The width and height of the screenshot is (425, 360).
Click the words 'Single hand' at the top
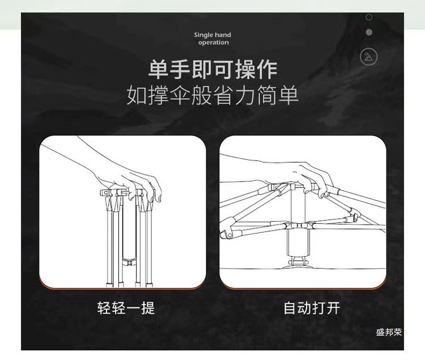(212, 35)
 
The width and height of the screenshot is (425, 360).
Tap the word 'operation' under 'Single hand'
(213, 43)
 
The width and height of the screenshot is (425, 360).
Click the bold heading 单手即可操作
(213, 69)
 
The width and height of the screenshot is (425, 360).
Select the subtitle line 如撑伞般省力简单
(212, 95)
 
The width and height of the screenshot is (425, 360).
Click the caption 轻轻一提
(126, 308)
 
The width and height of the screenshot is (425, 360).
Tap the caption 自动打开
(312, 308)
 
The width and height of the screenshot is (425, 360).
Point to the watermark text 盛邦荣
(389, 332)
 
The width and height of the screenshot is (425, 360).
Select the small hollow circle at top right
(369, 18)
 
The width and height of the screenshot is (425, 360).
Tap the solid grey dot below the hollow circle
(369, 32)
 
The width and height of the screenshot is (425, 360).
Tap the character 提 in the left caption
(147, 308)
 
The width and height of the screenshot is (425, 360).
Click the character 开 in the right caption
(333, 308)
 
